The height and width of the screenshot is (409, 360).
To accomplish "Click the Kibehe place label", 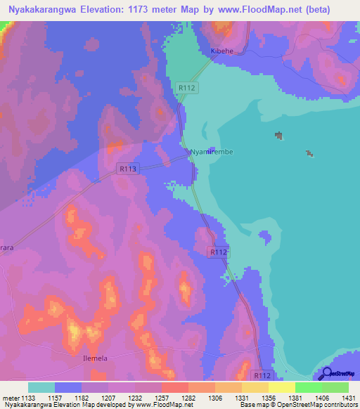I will coord(222,52).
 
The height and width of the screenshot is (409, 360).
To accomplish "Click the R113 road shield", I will coord(127,169).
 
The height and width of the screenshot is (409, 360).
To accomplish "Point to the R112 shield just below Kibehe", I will coord(187,87).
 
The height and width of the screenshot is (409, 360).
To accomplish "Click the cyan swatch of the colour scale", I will coord(41,387).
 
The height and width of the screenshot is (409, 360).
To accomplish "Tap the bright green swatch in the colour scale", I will coord(335,387).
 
